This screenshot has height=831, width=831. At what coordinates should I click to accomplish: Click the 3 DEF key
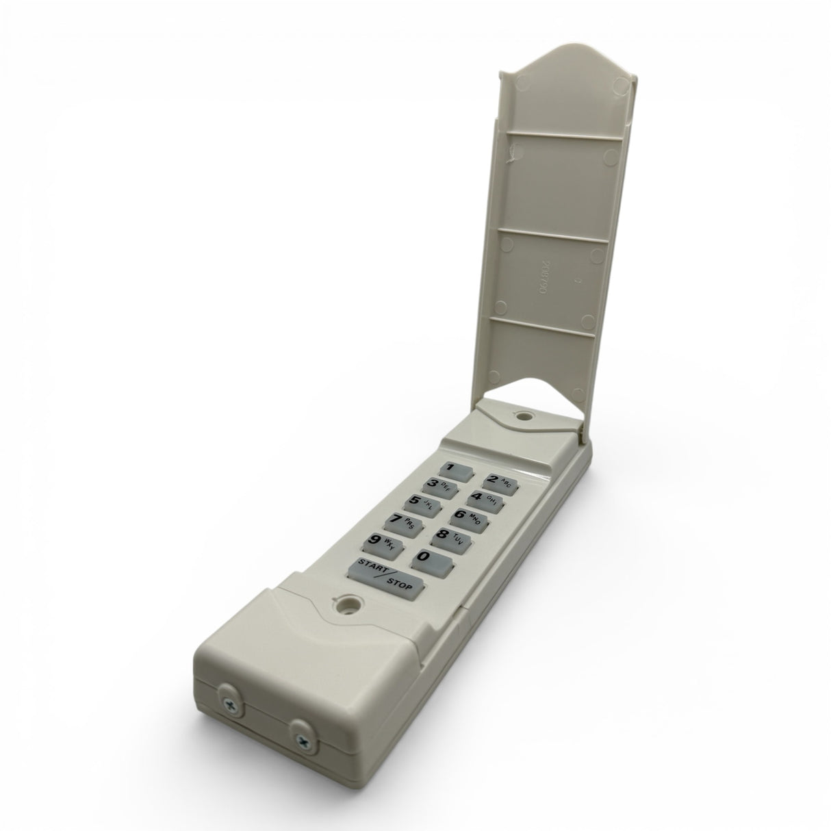tap(441, 487)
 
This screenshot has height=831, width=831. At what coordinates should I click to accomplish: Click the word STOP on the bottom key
tap(400, 583)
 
